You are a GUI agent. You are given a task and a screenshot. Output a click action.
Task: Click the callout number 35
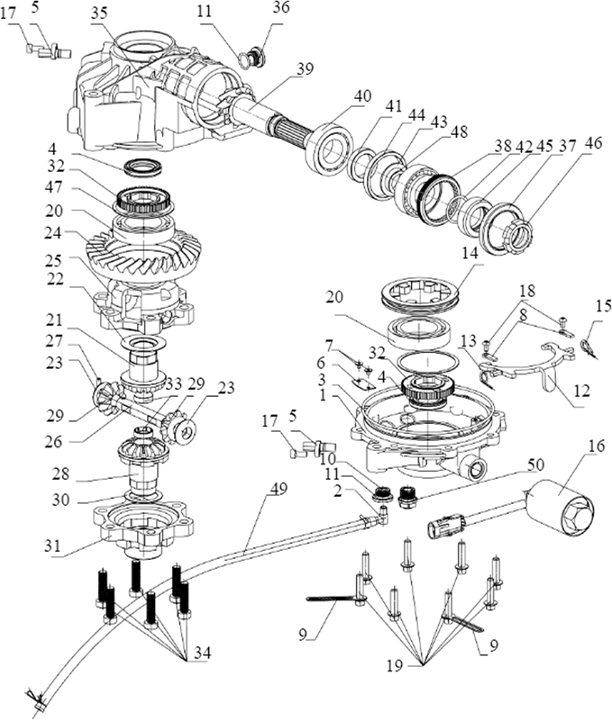[98, 13]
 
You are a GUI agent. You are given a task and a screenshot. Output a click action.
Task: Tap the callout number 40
[363, 97]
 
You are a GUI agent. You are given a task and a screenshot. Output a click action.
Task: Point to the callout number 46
[593, 143]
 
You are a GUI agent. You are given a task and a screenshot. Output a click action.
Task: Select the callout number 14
[470, 254]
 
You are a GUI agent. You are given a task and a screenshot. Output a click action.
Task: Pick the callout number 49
[279, 489]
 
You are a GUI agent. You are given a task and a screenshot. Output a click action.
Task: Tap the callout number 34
[202, 652]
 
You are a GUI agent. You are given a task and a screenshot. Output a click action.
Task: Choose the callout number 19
[395, 665]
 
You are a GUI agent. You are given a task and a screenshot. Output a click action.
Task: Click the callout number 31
[52, 545]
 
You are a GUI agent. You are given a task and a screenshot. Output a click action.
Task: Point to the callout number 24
[52, 233]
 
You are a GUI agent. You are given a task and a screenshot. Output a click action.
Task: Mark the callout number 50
[535, 464]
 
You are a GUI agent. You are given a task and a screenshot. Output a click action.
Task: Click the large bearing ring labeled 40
[329, 148]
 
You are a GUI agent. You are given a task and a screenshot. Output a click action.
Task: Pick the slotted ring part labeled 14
[421, 293]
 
